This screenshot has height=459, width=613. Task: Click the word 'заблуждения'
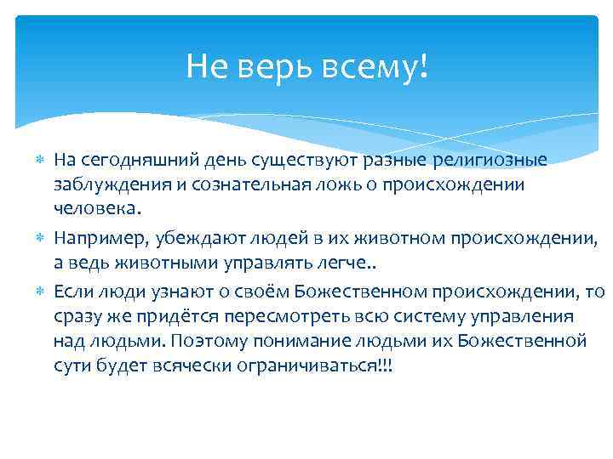(102, 184)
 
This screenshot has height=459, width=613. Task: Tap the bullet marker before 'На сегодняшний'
(40, 161)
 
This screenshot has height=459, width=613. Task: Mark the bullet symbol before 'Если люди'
(40, 293)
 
